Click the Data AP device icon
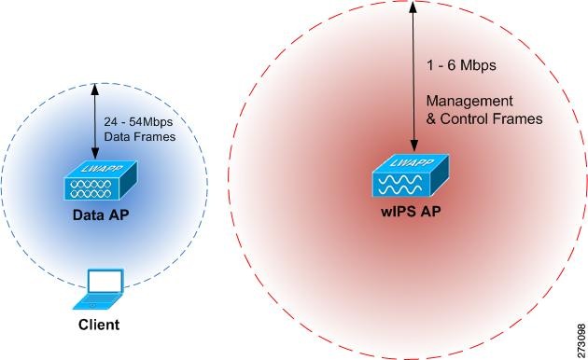coord(99,183)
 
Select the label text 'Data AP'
coord(99,215)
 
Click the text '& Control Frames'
coord(484,118)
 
